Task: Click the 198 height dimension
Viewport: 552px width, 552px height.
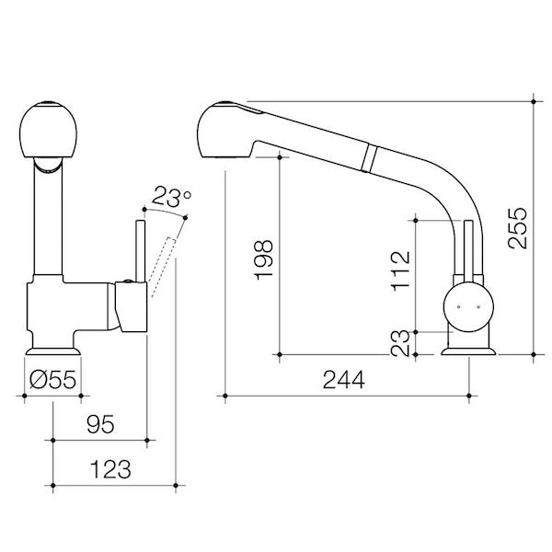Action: pyautogui.click(x=262, y=260)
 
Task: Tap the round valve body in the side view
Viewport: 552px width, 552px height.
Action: pyautogui.click(x=469, y=305)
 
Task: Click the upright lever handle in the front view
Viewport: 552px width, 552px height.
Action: pyautogui.click(x=141, y=248)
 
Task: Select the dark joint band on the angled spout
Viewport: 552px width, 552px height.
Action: pyautogui.click(x=369, y=156)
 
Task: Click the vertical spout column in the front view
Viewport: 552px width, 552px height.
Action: pyautogui.click(x=48, y=221)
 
